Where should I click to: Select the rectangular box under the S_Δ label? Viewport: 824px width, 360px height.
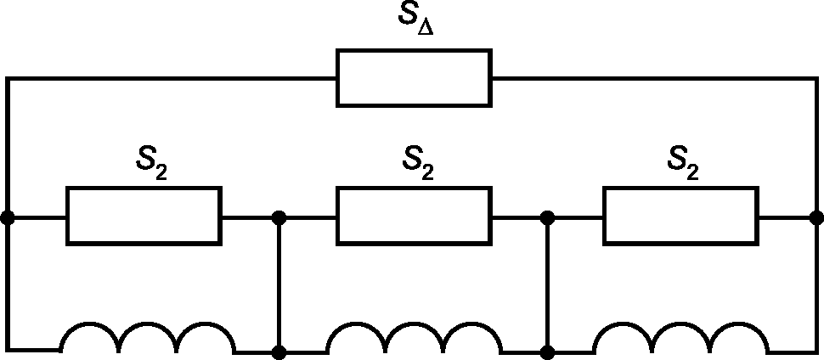tap(414, 78)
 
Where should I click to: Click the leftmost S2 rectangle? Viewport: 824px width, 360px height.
tap(144, 217)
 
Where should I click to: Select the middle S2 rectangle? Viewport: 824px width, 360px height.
tap(414, 217)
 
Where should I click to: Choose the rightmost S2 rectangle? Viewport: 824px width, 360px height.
tap(680, 217)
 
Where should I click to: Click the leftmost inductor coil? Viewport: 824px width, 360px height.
tap(147, 338)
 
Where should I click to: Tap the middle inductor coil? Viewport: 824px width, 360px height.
tap(414, 338)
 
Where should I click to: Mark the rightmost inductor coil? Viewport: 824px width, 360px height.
tap(681, 338)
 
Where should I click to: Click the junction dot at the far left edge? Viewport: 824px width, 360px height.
tap(8, 217)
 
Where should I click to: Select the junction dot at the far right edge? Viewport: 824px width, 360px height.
tap(816, 217)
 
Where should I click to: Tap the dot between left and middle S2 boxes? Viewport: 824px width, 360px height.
tap(279, 217)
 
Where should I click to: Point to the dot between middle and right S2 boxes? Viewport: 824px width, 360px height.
tap(548, 217)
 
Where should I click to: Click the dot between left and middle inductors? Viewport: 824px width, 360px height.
tap(279, 350)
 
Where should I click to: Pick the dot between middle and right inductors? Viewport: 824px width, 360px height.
tap(548, 350)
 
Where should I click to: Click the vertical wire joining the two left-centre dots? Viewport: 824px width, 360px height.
tap(279, 284)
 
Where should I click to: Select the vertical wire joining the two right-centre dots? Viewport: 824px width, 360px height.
tap(548, 284)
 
